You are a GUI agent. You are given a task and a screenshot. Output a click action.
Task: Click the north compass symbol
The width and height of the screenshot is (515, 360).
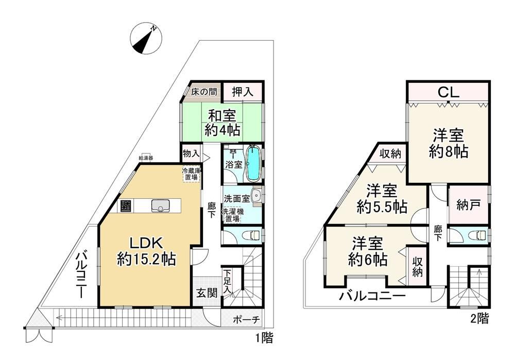(145, 39)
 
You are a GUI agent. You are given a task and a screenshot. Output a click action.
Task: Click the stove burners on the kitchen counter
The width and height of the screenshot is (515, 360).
(125, 206)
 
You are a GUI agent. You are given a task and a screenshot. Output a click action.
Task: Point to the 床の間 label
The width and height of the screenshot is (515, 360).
(204, 92)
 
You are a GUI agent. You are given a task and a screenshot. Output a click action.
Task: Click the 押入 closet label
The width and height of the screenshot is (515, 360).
(243, 92)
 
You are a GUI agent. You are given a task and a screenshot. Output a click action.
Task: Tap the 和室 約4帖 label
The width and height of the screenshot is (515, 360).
(222, 123)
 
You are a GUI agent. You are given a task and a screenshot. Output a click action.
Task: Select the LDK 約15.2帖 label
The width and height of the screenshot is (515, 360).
(146, 251)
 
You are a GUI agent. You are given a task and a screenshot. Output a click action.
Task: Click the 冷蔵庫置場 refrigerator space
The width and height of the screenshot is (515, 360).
(192, 174)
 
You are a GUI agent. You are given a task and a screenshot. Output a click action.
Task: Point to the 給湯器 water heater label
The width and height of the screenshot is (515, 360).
(146, 158)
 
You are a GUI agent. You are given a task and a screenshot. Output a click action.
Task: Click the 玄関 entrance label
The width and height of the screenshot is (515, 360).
(207, 293)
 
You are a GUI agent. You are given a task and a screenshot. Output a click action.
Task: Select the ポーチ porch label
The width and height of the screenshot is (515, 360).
(247, 319)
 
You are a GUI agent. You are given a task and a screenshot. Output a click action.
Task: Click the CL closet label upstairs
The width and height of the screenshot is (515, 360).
(449, 93)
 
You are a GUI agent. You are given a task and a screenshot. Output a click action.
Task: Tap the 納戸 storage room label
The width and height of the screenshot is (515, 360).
(469, 205)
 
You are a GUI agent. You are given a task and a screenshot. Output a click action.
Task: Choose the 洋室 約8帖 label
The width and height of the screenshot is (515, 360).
(449, 144)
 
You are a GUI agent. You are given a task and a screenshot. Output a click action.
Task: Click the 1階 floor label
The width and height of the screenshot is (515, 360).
(264, 338)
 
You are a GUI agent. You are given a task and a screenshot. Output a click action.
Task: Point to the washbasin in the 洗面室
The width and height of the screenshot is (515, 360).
(255, 197)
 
